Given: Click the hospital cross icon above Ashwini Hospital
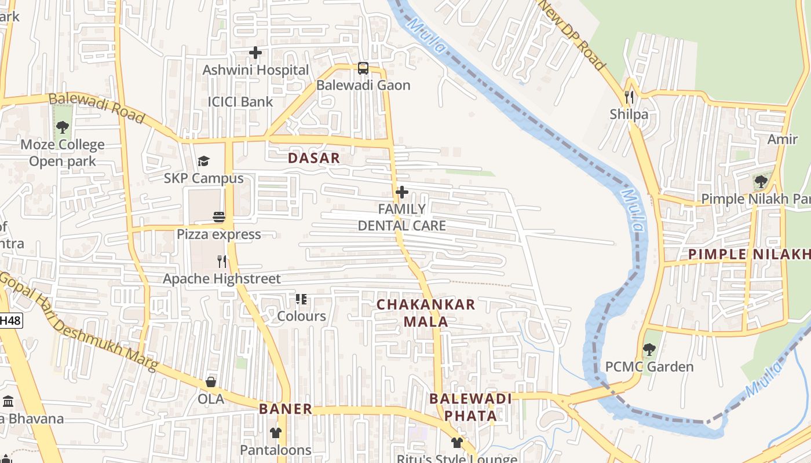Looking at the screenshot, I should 255,53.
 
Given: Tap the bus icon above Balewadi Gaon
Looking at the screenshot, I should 363,68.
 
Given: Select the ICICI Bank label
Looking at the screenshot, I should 240,102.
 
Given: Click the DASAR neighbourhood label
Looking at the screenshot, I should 313,158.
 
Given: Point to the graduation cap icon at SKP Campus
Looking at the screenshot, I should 203,161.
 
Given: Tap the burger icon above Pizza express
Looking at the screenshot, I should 219,217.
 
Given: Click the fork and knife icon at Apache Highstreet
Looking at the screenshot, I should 222,261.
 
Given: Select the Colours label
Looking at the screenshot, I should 301,316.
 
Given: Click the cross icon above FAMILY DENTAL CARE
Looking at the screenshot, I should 401,192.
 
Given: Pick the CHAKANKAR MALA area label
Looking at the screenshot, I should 426,313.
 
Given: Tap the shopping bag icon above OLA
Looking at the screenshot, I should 211,382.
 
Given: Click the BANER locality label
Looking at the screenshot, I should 286,409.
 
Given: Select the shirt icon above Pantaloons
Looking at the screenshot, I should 275,432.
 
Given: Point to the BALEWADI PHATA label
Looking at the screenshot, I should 470,407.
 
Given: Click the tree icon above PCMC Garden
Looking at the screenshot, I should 649,350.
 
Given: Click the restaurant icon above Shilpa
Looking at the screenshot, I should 629,97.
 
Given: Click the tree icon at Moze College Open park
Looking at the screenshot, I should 63,127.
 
